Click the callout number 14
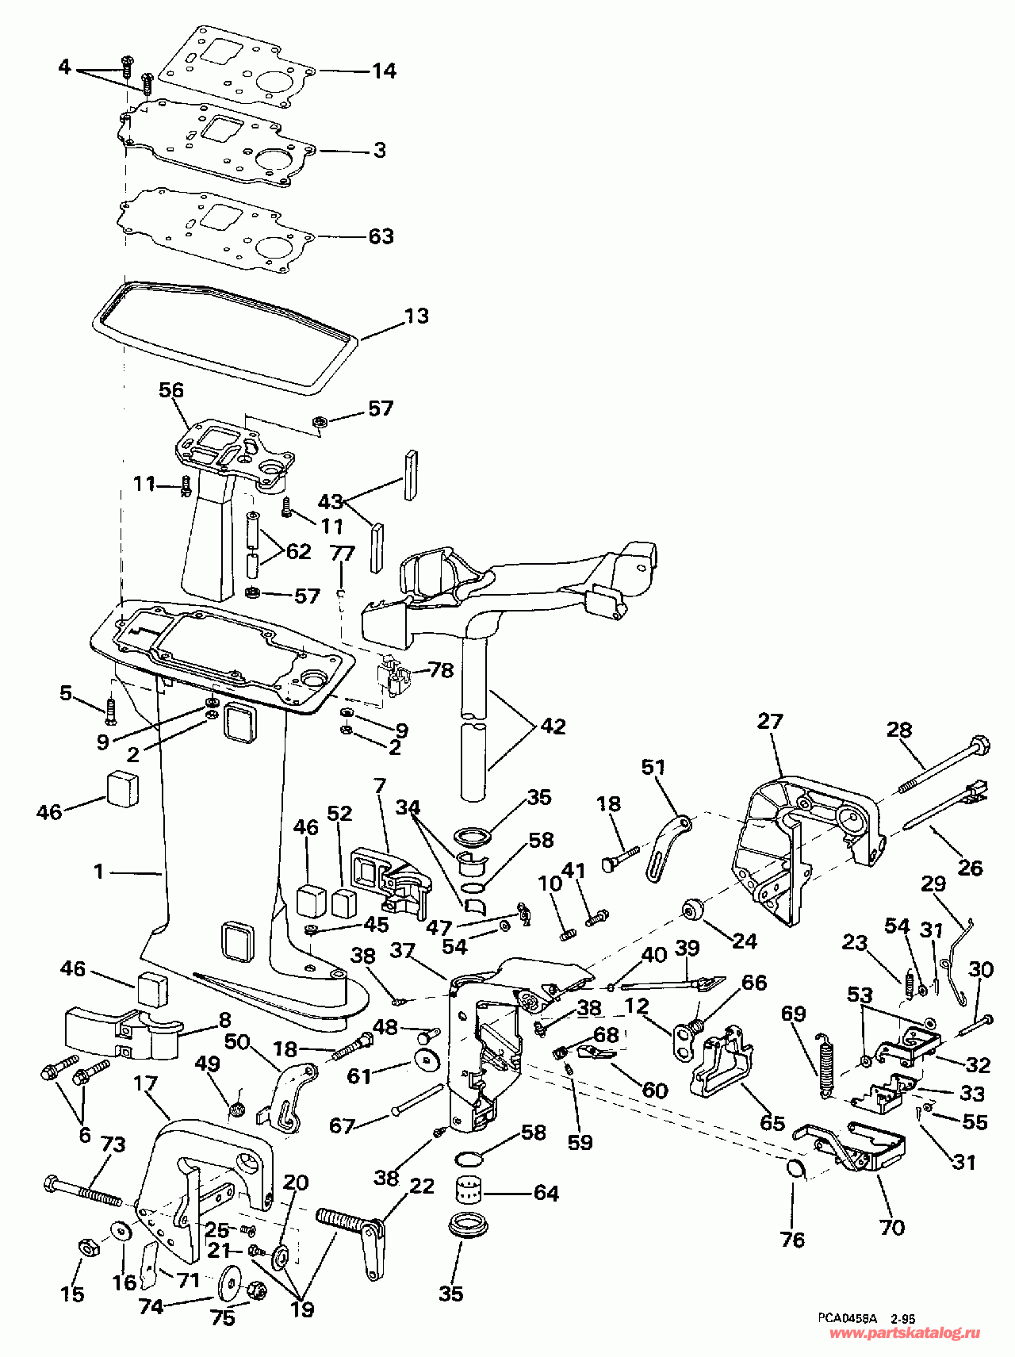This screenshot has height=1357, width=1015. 384,71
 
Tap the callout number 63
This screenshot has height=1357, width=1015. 381,236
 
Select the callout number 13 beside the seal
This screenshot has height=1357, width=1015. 416,316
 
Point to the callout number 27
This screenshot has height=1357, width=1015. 770,721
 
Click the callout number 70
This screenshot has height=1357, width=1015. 892,1227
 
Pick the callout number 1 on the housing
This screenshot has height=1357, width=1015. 98,872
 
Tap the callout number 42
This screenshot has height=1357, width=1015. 553,726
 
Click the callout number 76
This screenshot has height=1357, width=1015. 792,1240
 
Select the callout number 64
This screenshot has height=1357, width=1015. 546,1193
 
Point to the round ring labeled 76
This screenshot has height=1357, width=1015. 795,1168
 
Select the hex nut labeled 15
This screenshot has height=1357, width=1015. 87,1248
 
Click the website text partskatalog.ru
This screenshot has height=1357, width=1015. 904,1333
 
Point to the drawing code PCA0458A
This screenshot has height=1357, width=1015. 848,1318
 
